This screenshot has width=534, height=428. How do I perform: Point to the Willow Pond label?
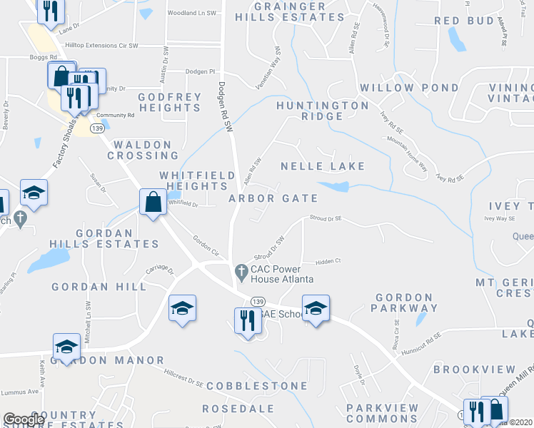409,88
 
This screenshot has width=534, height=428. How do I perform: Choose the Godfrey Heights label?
169,102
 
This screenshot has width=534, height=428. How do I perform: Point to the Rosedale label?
238,409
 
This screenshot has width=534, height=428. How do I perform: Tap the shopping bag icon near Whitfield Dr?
153,202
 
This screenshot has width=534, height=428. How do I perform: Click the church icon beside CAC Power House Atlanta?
241,271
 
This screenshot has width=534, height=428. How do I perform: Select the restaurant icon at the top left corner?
51,10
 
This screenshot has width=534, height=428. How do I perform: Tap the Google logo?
24,420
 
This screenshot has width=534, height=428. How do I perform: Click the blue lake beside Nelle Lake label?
334,187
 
